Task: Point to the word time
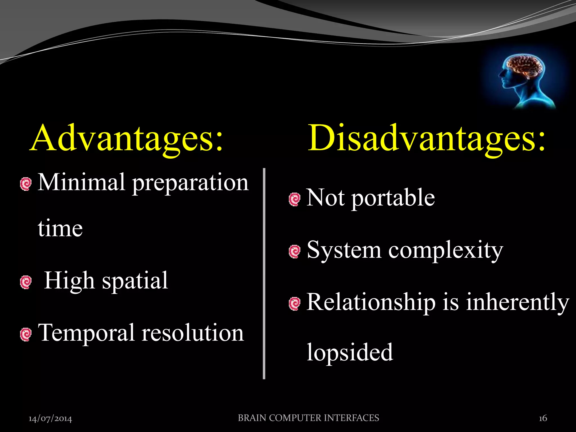coord(60,228)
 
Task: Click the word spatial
coord(135,281)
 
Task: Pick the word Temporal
coord(86,334)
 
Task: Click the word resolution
coord(193,333)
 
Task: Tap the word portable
coord(393,198)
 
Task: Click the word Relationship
coord(371,303)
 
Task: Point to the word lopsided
coord(350,353)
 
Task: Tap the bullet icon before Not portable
coord(294,199)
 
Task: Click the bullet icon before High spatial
coord(26,282)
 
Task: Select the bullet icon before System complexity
coord(294,251)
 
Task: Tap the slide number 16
coord(543,418)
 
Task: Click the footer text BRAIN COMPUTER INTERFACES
coord(308,418)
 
